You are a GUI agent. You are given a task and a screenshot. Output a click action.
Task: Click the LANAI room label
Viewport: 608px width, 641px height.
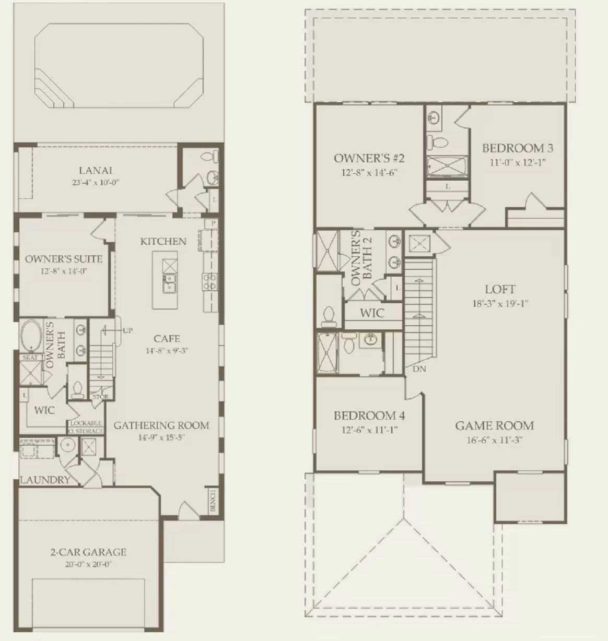96,171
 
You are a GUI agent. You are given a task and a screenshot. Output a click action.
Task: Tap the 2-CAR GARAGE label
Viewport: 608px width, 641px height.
88,552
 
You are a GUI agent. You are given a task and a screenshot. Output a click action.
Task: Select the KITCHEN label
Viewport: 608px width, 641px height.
163,242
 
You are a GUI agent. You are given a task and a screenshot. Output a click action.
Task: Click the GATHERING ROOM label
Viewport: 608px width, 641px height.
161,425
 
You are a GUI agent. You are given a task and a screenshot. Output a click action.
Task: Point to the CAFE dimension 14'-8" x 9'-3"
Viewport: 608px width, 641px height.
167,351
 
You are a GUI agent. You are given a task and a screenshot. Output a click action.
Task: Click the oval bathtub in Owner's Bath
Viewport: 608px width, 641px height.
31,336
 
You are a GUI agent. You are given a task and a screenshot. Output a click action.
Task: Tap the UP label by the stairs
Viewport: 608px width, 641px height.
127,330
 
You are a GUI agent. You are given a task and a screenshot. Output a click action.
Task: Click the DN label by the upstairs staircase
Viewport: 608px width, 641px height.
419,369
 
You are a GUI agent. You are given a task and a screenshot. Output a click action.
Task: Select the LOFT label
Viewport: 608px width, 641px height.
500,289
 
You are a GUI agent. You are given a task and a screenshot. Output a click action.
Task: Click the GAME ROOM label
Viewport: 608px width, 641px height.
495,425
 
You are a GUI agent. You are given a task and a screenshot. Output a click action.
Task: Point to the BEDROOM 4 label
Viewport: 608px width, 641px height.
369,416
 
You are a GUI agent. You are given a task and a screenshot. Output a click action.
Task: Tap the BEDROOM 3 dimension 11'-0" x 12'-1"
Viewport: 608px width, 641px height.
518,162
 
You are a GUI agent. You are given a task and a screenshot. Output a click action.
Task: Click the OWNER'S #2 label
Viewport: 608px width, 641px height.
369,159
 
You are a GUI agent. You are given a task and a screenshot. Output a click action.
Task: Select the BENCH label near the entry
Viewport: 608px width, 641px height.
213,501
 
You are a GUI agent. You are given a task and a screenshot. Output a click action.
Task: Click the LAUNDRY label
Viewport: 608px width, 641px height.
45,480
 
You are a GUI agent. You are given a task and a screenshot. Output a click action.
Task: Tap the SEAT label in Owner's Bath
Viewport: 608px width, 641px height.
30,358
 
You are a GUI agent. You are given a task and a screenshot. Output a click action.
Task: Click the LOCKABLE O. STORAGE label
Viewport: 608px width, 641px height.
86,427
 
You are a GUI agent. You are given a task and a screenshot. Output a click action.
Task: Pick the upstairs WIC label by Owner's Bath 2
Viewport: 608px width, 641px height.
372,313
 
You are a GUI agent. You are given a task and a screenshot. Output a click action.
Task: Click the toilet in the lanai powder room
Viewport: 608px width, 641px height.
209,157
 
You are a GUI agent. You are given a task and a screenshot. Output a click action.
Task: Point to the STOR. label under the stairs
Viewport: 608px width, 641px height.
101,397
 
